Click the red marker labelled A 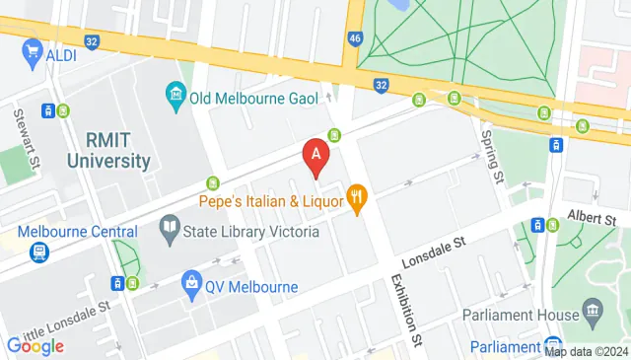(x=315, y=156)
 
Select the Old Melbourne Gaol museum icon (x=175, y=97)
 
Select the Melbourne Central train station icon (x=38, y=252)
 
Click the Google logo (x=35, y=345)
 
